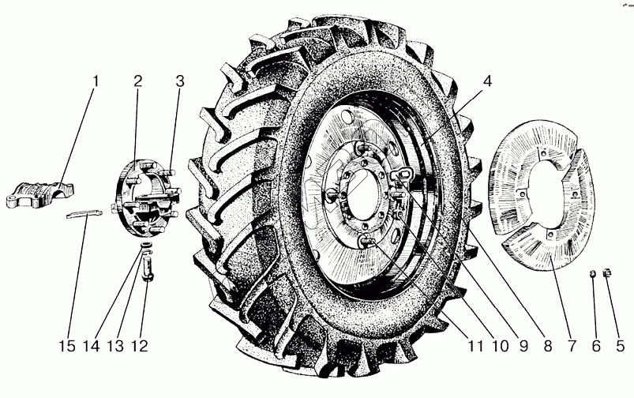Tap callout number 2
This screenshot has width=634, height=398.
click(x=137, y=82)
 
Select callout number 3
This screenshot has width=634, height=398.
click(x=180, y=82)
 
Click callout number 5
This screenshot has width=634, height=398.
click(x=620, y=346)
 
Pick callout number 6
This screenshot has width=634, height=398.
click(x=596, y=346)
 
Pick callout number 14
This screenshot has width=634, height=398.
click(x=96, y=346)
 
